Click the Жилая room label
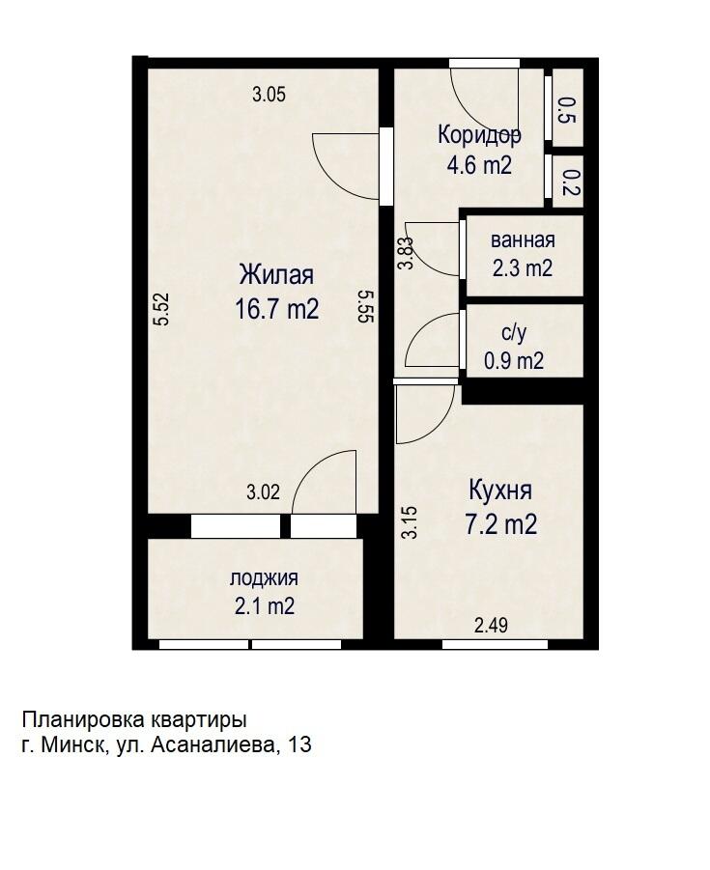(x=277, y=274)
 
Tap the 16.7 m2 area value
(x=277, y=308)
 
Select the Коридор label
(x=479, y=134)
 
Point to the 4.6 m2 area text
(x=479, y=164)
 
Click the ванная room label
(x=523, y=240)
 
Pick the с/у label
(x=513, y=333)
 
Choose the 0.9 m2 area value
(x=514, y=362)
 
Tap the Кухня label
(x=499, y=490)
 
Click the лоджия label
(x=263, y=578)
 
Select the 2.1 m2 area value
(x=263, y=606)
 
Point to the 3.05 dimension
(x=269, y=95)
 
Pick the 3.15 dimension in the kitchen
(x=410, y=521)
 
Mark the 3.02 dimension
(x=263, y=492)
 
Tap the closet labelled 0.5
(x=567, y=111)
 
